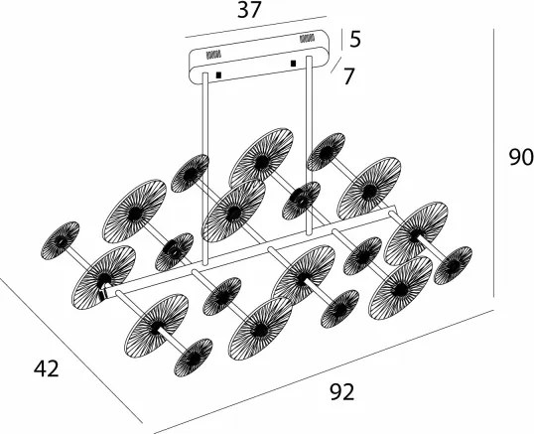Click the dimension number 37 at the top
pyautogui.click(x=249, y=10)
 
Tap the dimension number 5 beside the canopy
pyautogui.click(x=355, y=39)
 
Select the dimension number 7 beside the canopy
pyautogui.click(x=348, y=76)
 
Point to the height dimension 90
pyautogui.click(x=521, y=157)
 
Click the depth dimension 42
pyautogui.click(x=47, y=368)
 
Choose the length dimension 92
pyautogui.click(x=342, y=391)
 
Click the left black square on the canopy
pyautogui.click(x=218, y=74)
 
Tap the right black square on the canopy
pyautogui.click(x=293, y=64)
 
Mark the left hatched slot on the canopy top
pyautogui.click(x=213, y=55)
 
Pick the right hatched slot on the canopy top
pyautogui.click(x=307, y=38)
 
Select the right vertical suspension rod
pyautogui.click(x=309, y=145)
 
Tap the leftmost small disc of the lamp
pyautogui.click(x=60, y=240)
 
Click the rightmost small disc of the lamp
pyautogui.click(x=453, y=265)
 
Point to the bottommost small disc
pyautogui.click(x=194, y=358)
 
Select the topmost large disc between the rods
pyautogui.click(x=261, y=159)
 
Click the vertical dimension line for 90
pyautogui.click(x=493, y=163)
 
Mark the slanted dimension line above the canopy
pyautogui.click(x=256, y=27)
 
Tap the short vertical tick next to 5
pyautogui.click(x=341, y=40)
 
